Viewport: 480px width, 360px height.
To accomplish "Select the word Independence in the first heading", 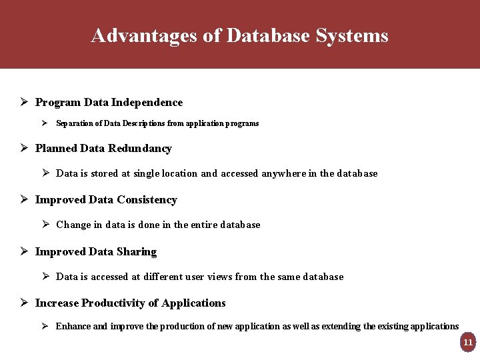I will (x=147, y=102).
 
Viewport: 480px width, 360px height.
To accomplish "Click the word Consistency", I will (x=147, y=199).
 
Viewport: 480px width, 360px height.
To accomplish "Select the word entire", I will (x=208, y=225).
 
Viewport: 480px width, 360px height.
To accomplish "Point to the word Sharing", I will (x=137, y=251).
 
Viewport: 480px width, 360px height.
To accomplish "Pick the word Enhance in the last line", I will (x=73, y=326).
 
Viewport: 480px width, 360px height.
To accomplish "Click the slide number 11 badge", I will (x=467, y=342).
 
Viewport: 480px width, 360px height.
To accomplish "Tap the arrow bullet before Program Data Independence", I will (x=23, y=102).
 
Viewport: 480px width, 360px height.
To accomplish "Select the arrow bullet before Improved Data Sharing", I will (x=23, y=251).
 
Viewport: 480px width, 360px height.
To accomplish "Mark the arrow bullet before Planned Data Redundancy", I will (x=23, y=148).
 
